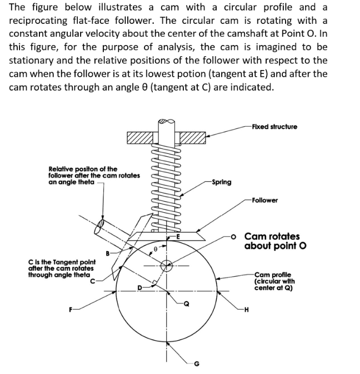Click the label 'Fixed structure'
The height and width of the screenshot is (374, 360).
274,127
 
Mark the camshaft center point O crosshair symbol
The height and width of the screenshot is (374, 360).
165,266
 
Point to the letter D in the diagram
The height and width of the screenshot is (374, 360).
140,287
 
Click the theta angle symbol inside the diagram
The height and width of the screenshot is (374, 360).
157,251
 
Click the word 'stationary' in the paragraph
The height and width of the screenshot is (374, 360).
34,60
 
